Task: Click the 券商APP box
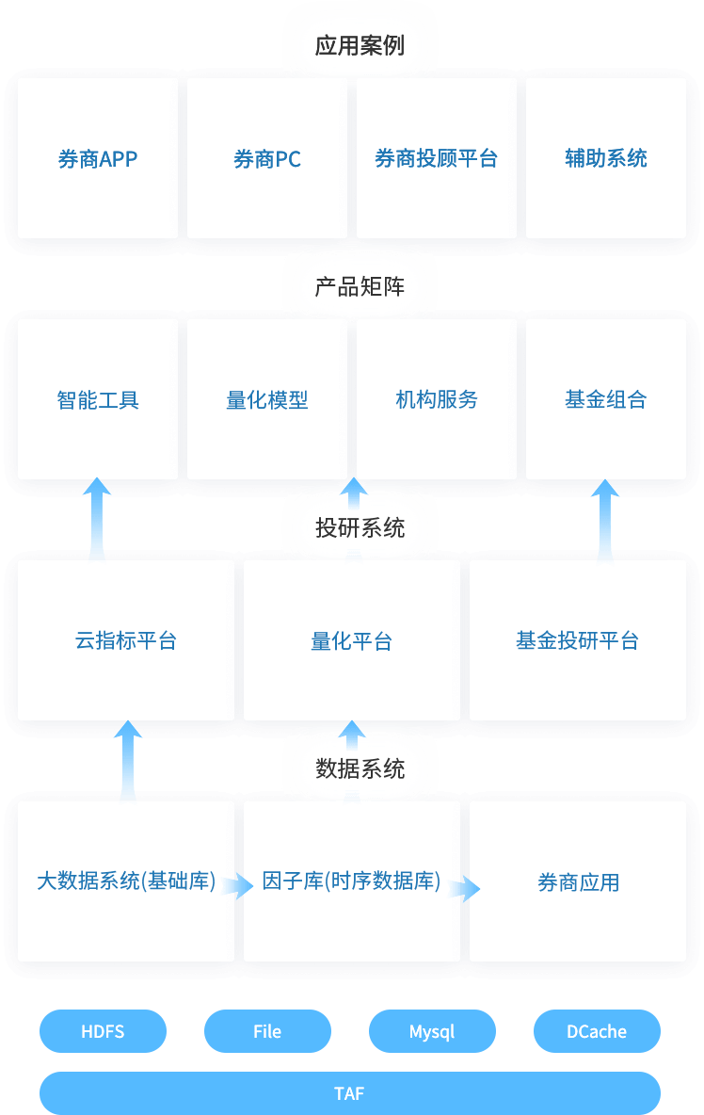[98, 158]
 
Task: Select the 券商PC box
[267, 158]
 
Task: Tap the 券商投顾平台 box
[437, 158]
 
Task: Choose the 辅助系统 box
[606, 158]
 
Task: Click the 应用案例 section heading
[360, 45]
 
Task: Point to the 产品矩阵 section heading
[360, 286]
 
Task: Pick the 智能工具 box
[98, 399]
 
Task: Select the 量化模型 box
[267, 399]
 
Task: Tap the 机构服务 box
[437, 399]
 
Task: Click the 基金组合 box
[606, 399]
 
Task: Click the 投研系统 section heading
[360, 527]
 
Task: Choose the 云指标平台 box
[126, 640]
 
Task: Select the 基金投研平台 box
[578, 640]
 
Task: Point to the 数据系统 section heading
[360, 768]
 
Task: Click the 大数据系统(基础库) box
[126, 881]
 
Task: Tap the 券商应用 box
[578, 881]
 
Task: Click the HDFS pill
[103, 1031]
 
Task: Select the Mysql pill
[432, 1031]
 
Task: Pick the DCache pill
[597, 1031]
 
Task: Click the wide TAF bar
[349, 1093]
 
